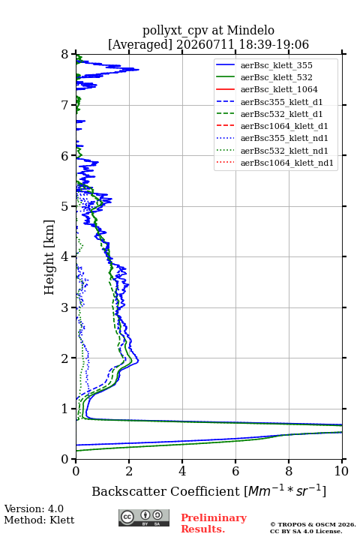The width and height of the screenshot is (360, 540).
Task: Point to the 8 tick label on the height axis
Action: tap(65, 55)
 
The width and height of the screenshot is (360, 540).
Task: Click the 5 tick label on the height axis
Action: tap(65, 206)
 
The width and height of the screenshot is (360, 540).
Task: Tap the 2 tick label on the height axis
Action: tap(65, 358)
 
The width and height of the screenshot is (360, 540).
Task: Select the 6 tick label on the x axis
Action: tap(235, 471)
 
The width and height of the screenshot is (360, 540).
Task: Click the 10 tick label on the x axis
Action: tap(341, 471)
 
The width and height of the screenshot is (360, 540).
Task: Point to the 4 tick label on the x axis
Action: tap(182, 471)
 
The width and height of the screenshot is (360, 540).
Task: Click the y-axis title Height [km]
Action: tap(49, 257)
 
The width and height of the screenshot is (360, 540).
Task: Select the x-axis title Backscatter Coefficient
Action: tap(166, 491)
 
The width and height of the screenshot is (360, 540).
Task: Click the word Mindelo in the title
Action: tap(250, 30)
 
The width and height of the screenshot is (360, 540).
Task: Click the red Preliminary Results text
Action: tap(214, 523)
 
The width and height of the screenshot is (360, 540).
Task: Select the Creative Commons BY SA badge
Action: tap(144, 518)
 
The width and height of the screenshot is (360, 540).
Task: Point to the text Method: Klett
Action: tap(39, 520)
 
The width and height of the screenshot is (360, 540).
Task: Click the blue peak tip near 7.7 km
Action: tap(139, 70)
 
